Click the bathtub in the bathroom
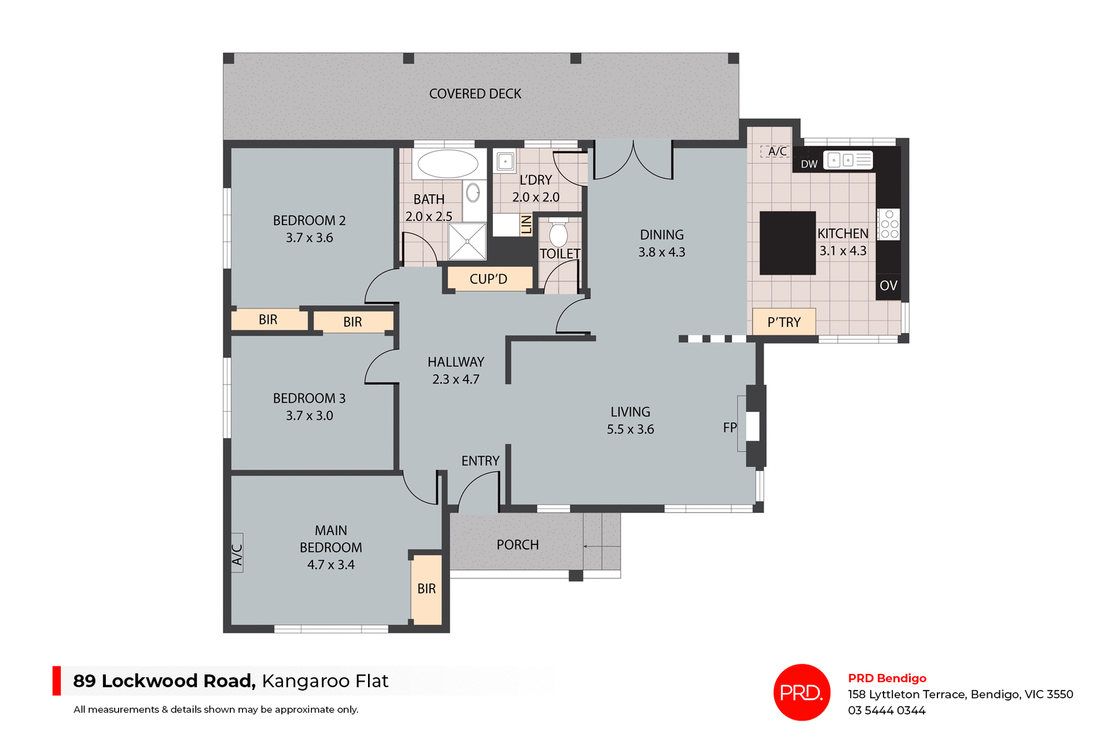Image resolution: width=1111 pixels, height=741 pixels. (x=448, y=164)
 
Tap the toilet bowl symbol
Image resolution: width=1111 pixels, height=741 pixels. (x=558, y=234)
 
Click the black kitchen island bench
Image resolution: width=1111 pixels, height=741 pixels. (x=787, y=242)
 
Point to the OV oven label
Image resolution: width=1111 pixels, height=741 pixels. (x=888, y=286)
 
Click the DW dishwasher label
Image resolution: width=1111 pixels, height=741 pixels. (x=809, y=164)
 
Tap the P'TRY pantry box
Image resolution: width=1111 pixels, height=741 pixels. (x=784, y=322)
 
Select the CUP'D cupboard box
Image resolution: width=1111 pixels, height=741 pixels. (x=488, y=279)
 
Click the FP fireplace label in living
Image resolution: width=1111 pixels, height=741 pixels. (x=730, y=427)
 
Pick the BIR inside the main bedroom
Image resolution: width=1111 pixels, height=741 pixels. (x=426, y=589)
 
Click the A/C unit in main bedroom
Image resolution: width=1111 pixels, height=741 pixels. (x=237, y=553)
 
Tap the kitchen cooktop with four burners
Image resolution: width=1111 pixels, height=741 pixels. (x=889, y=224)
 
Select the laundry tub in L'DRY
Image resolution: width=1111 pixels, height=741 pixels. (x=505, y=161)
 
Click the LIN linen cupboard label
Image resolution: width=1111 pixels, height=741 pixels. (x=526, y=224)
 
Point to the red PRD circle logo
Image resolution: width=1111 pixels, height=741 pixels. (x=801, y=692)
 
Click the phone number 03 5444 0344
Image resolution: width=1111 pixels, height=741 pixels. (x=886, y=710)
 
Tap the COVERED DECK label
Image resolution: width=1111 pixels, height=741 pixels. (x=475, y=94)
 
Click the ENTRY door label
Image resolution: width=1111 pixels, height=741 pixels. (x=480, y=461)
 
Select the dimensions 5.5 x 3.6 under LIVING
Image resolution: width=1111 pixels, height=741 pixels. (x=630, y=429)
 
